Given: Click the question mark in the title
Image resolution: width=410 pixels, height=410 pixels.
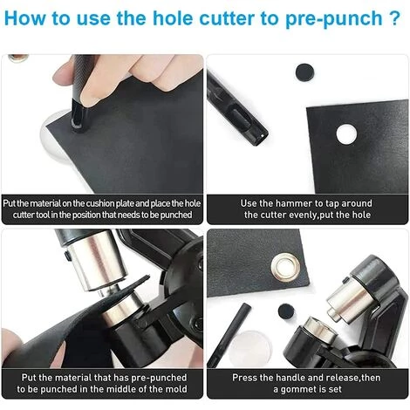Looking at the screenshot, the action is click(x=394, y=18).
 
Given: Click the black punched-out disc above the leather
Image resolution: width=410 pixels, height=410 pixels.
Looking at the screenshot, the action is click(x=304, y=72).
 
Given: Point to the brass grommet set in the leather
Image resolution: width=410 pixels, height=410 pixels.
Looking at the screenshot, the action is click(x=285, y=268).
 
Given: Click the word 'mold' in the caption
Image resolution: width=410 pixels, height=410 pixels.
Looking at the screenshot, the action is click(x=176, y=389).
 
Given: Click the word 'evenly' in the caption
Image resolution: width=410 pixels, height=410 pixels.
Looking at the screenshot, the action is click(x=304, y=215).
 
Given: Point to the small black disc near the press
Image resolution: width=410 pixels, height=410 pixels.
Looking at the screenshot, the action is click(x=286, y=311).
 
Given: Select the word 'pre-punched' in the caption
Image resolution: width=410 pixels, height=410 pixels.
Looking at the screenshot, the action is click(x=159, y=378).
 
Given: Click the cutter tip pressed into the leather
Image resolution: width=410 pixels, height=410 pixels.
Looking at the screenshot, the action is click(x=78, y=119).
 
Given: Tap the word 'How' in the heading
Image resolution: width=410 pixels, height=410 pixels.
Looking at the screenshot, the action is click(x=24, y=18).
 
